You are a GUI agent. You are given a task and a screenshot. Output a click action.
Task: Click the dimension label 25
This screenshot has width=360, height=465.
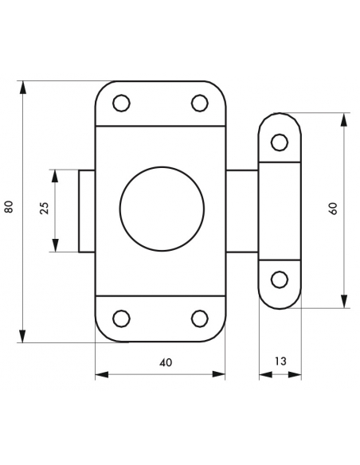pos(44,210)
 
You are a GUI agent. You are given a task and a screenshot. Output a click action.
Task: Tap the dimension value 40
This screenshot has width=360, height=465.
pos(165,361)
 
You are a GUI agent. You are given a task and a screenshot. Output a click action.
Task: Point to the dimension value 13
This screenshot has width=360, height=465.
pos(280,361)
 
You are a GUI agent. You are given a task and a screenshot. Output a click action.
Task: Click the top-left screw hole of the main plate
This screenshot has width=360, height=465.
pos(121,103)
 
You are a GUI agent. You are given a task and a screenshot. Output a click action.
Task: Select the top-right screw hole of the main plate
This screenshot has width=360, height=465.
pos(199,103)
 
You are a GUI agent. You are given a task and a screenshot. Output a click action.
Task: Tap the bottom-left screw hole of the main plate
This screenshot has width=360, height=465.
pos(121,318)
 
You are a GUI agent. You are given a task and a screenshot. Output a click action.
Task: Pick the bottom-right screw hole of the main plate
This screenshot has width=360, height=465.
pos(199,318)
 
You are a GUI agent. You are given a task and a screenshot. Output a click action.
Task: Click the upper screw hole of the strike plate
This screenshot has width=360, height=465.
pos(280,142)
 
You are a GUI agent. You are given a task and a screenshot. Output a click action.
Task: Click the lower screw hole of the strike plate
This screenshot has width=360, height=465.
pos(280,279)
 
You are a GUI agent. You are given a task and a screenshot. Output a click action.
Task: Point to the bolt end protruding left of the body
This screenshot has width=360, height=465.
pos(87,210)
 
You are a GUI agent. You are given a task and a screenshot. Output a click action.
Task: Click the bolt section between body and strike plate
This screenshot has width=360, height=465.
pos(241,210)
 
